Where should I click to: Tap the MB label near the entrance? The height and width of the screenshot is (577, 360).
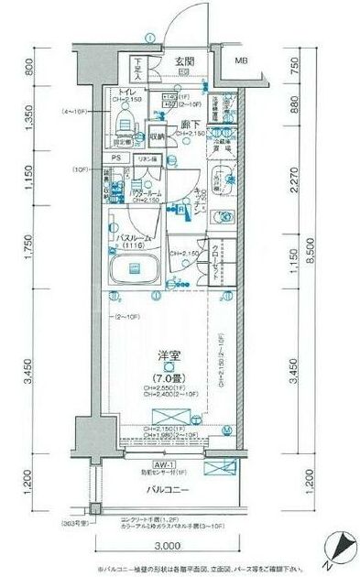click(x=241, y=61)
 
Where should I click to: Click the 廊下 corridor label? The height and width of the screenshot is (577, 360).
click(x=191, y=125)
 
